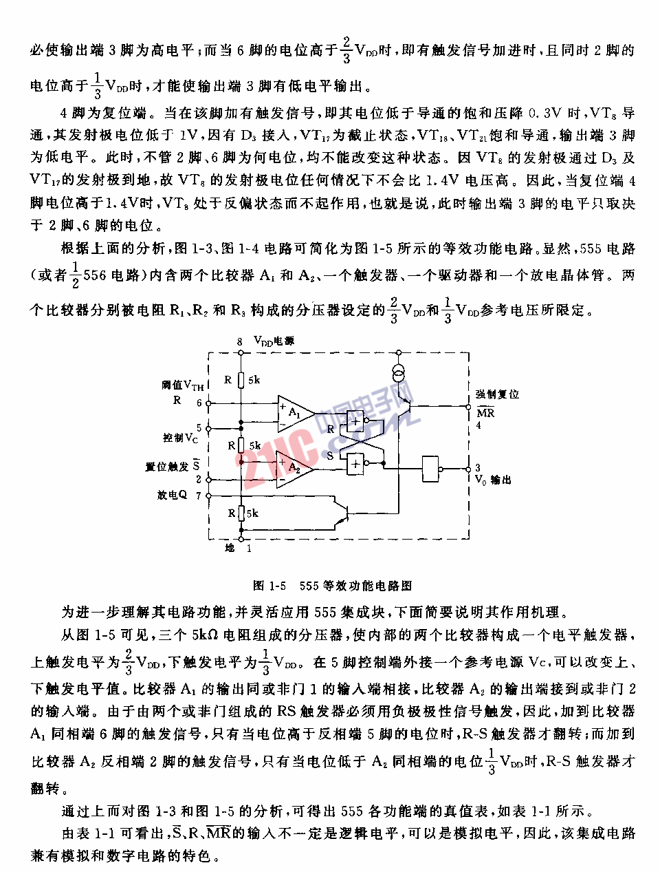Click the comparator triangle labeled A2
click(293, 467)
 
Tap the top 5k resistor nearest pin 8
click(241, 380)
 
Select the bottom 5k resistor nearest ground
click(241, 513)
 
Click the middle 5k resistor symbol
click(241, 446)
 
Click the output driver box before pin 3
click(430, 469)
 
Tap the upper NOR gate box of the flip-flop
click(355, 421)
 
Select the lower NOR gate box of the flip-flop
click(355, 464)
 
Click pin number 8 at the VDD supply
click(240, 341)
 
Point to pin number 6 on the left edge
click(199, 403)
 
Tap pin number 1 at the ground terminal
click(249, 548)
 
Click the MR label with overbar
click(485, 412)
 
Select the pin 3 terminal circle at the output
click(469, 469)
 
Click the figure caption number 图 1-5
click(269, 586)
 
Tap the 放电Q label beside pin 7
click(172, 495)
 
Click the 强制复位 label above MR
click(497, 394)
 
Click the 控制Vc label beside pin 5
click(180, 438)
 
